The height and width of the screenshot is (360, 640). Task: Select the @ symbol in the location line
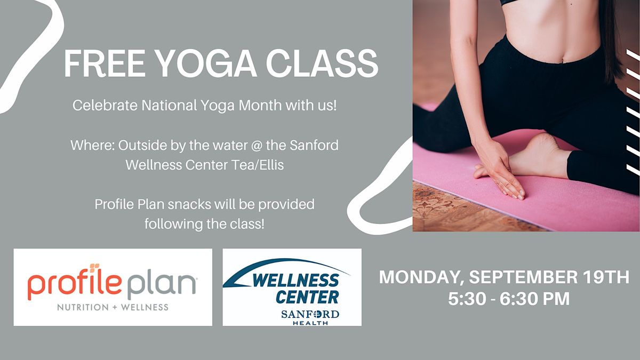(x=267, y=145)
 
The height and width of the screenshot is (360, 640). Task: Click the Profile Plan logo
(x=113, y=287)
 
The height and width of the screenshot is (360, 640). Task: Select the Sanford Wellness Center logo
(x=292, y=287)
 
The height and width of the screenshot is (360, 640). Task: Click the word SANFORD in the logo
(x=310, y=314)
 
